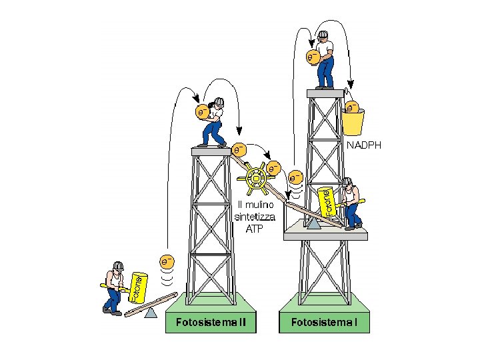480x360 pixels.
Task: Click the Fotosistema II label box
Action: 211,323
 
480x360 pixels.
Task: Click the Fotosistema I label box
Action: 323,323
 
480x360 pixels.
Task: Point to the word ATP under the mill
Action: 255,228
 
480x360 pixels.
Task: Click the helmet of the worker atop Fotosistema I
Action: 323,35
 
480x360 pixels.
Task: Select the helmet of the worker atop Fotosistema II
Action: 219,101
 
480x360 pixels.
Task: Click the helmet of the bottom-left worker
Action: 118,266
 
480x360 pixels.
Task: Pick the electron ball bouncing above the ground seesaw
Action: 167,261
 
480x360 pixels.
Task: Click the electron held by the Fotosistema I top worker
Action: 312,57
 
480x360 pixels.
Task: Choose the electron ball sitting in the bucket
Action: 352,106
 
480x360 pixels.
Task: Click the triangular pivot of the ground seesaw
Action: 152,311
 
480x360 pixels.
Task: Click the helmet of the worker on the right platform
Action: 347,181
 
